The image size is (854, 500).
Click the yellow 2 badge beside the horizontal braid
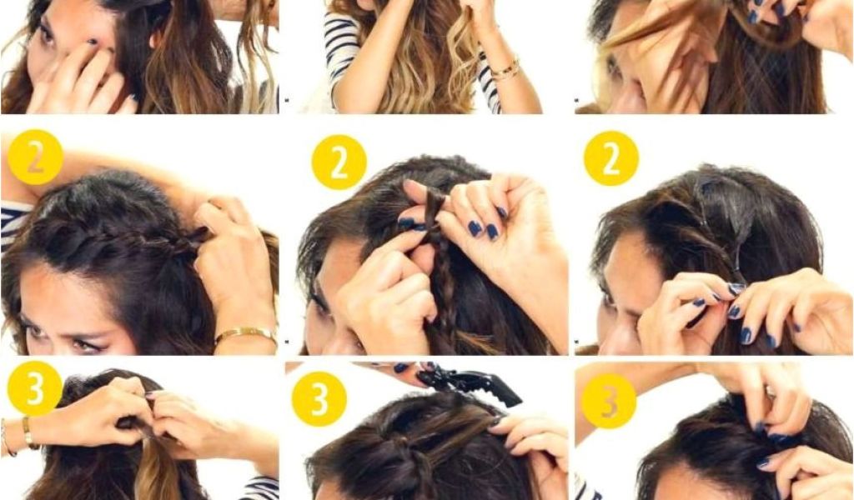tap(35, 157)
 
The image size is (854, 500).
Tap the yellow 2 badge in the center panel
tap(339, 162)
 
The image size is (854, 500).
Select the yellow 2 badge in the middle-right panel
tap(611, 158)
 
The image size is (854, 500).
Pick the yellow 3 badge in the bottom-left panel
tap(35, 388)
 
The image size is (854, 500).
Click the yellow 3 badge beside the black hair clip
tap(319, 399)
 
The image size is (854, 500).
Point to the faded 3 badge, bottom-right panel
tap(609, 401)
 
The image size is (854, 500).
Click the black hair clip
tap(470, 385)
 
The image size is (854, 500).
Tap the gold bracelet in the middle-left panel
tap(246, 333)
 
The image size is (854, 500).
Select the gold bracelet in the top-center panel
tap(505, 70)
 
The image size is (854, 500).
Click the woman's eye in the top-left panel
tap(48, 33)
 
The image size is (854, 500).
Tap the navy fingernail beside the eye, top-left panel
tap(93, 42)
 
